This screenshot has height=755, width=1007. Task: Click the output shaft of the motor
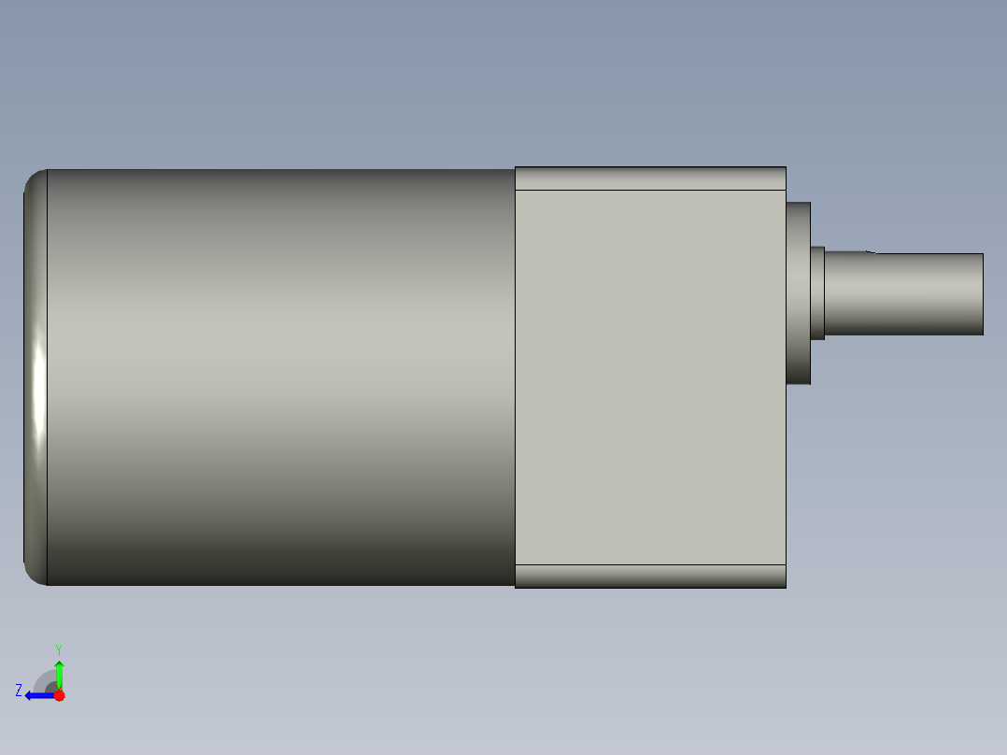[903, 293]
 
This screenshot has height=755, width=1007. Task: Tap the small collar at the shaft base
[817, 293]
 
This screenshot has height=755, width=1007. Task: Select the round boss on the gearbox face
[799, 293]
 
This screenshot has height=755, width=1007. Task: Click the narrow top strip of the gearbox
[650, 178]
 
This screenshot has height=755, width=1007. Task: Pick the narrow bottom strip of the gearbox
[650, 577]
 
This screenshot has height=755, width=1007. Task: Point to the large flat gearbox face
[650, 377]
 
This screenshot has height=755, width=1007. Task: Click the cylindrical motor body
[280, 377]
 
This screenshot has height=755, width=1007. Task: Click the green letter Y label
[59, 649]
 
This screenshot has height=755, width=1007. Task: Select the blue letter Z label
[19, 691]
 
